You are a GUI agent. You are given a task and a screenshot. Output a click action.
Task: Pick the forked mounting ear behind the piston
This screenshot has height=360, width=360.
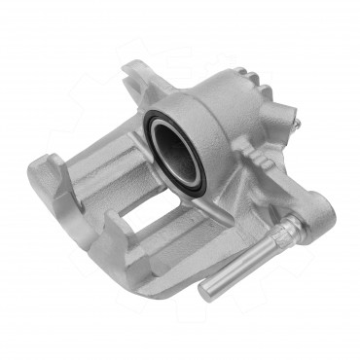[x=137, y=78]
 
